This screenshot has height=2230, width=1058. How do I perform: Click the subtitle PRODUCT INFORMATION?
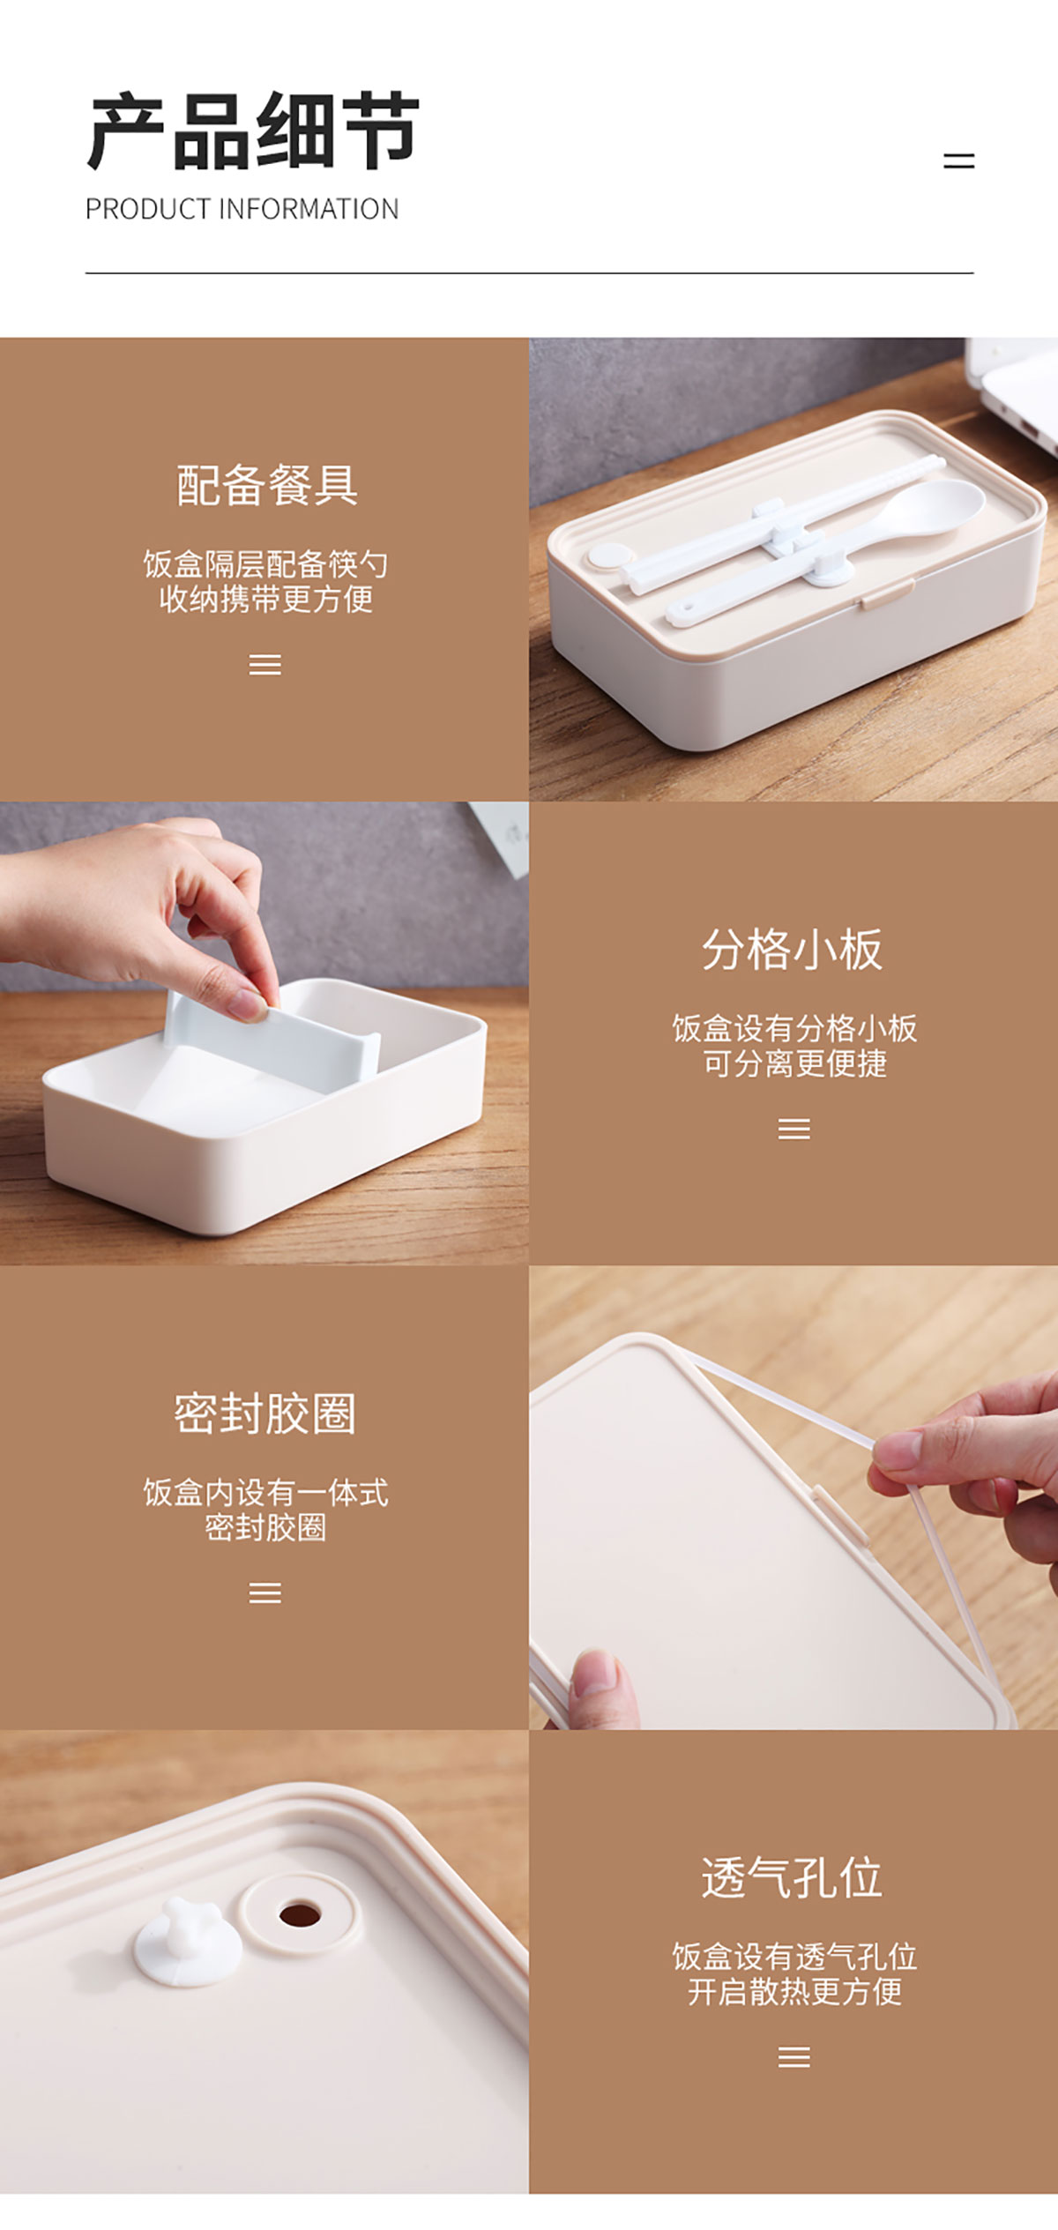pyautogui.click(x=242, y=209)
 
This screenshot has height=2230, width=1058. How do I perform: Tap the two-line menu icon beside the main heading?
pyautogui.click(x=958, y=160)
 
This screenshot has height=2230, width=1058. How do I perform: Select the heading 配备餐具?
pyautogui.click(x=266, y=485)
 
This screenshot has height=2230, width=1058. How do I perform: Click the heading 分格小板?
pyautogui.click(x=793, y=950)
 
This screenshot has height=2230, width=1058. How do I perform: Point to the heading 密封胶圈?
pyautogui.click(x=265, y=1414)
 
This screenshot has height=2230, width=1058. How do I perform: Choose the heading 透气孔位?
pyautogui.click(x=793, y=1877)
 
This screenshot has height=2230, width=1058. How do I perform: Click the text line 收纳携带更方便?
pyautogui.click(x=266, y=600)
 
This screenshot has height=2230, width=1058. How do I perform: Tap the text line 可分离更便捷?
pyautogui.click(x=794, y=1063)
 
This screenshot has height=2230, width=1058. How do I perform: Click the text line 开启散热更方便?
pyautogui.click(x=794, y=1992)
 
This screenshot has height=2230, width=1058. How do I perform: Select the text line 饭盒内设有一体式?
pyautogui.click(x=265, y=1493)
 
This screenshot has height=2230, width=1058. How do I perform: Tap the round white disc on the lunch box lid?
pyautogui.click(x=610, y=556)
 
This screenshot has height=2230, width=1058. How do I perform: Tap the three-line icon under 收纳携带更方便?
pyautogui.click(x=265, y=664)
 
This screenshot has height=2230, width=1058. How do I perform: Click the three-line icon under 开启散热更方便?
pyautogui.click(x=794, y=2057)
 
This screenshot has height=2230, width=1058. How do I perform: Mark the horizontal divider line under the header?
pyautogui.click(x=529, y=273)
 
